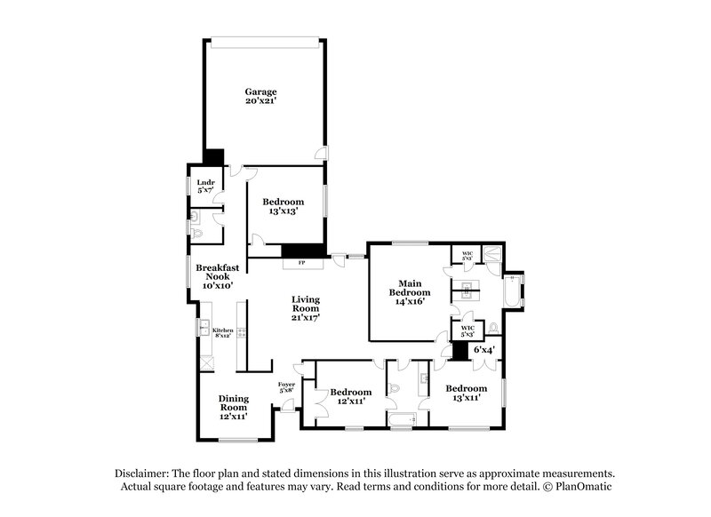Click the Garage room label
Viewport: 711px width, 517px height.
tap(261, 91)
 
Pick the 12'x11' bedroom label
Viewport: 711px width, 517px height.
tap(350, 397)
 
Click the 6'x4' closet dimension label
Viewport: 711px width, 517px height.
tap(483, 350)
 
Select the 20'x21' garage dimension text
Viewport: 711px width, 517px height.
tap(261, 102)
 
